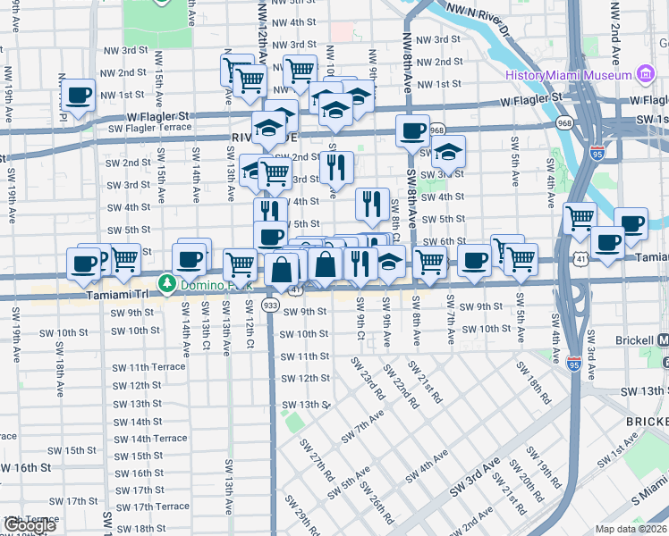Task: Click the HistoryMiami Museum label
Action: click(568, 75)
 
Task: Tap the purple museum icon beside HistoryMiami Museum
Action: click(646, 75)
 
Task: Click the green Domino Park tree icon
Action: click(166, 283)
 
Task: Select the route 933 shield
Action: click(269, 306)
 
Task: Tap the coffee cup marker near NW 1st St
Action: click(79, 95)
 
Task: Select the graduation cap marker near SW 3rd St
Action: click(450, 153)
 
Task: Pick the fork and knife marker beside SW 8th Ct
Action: click(372, 205)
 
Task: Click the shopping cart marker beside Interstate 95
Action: click(580, 218)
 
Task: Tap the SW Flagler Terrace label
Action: click(148, 129)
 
